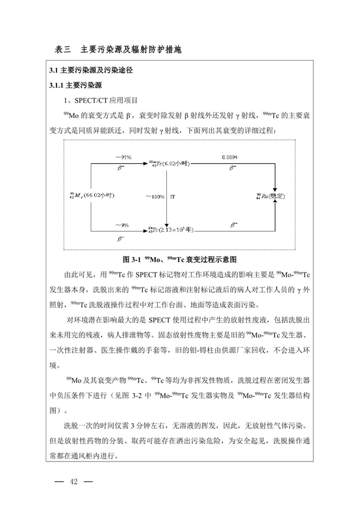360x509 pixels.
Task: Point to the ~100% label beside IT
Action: pos(155,196)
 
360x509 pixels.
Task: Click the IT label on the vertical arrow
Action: pos(173,196)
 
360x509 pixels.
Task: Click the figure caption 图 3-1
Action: pos(180,260)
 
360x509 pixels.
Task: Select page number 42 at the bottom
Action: pos(74,482)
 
